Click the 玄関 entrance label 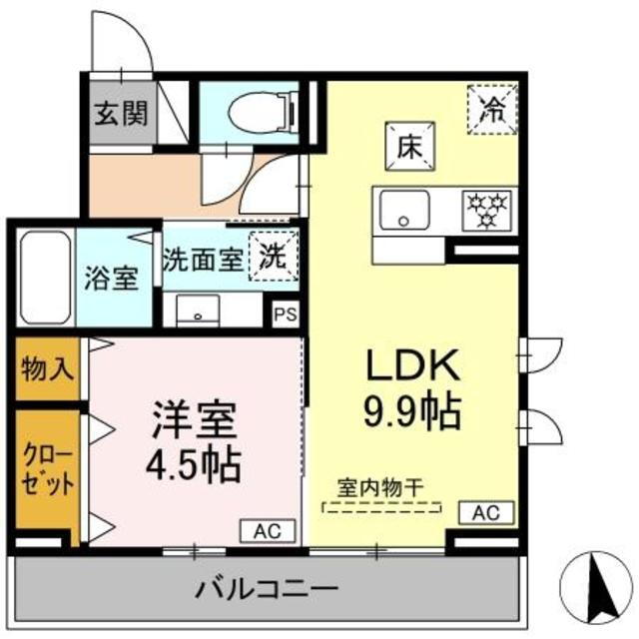121,113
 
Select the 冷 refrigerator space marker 492,109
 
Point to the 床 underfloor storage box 410,147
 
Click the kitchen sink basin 404,211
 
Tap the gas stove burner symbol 487,211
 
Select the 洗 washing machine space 274,256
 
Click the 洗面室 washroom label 204,260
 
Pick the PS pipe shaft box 286,315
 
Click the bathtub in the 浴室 45,278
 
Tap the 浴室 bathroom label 111,279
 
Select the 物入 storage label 47,368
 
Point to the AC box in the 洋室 268,531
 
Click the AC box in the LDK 486,512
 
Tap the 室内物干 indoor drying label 380,488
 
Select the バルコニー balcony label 267,588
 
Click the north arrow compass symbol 596,588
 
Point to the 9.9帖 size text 412,411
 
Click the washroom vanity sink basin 198,311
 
